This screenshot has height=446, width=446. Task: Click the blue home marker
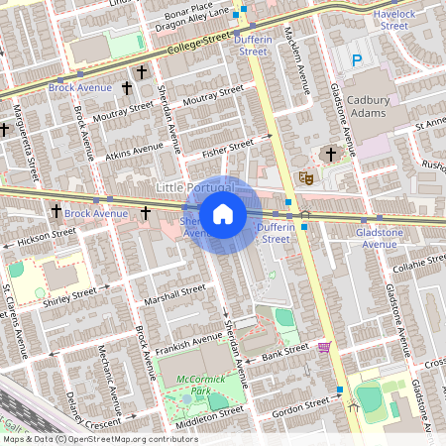coord(223,213)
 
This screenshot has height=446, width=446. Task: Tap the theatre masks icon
coord(306,176)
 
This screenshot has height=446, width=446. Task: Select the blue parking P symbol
coord(357,60)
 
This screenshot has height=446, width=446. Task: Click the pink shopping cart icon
coord(323,347)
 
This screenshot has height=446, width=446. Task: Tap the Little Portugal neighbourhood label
coord(194,187)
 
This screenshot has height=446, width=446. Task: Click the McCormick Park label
coord(187,385)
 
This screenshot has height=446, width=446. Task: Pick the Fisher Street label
coord(229,147)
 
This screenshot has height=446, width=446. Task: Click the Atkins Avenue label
coord(135,153)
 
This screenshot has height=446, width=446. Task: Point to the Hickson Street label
coord(47,236)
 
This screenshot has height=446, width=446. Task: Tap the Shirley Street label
coord(69,294)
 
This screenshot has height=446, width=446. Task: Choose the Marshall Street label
coord(173,294)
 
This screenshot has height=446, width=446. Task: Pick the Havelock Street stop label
coord(393,20)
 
